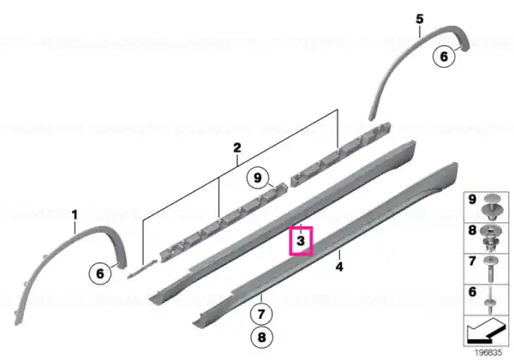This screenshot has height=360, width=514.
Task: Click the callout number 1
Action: point(75,215)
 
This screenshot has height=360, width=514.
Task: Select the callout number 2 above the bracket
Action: point(237,147)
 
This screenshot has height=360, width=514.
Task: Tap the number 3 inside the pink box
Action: point(301,241)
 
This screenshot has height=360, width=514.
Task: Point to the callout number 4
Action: point(339,267)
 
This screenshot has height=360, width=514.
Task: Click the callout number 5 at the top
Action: point(420,19)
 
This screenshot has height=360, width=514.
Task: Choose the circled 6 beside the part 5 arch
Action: point(444,57)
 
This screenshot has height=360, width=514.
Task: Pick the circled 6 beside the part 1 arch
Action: point(100,273)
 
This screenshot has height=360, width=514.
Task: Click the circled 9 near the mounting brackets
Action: point(258,177)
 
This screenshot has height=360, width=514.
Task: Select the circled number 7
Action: point(261,314)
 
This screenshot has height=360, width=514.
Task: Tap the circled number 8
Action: point(261,337)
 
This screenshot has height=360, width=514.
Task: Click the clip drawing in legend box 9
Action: point(490,207)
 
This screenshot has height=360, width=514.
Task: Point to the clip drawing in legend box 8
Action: point(490,238)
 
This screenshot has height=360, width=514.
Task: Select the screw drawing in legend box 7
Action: point(490,269)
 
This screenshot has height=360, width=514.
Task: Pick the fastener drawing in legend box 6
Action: point(490,300)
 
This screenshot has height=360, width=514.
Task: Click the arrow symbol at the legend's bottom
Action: point(486,331)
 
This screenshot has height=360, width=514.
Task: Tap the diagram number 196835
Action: point(488,352)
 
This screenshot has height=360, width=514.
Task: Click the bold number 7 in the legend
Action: point(472,261)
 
